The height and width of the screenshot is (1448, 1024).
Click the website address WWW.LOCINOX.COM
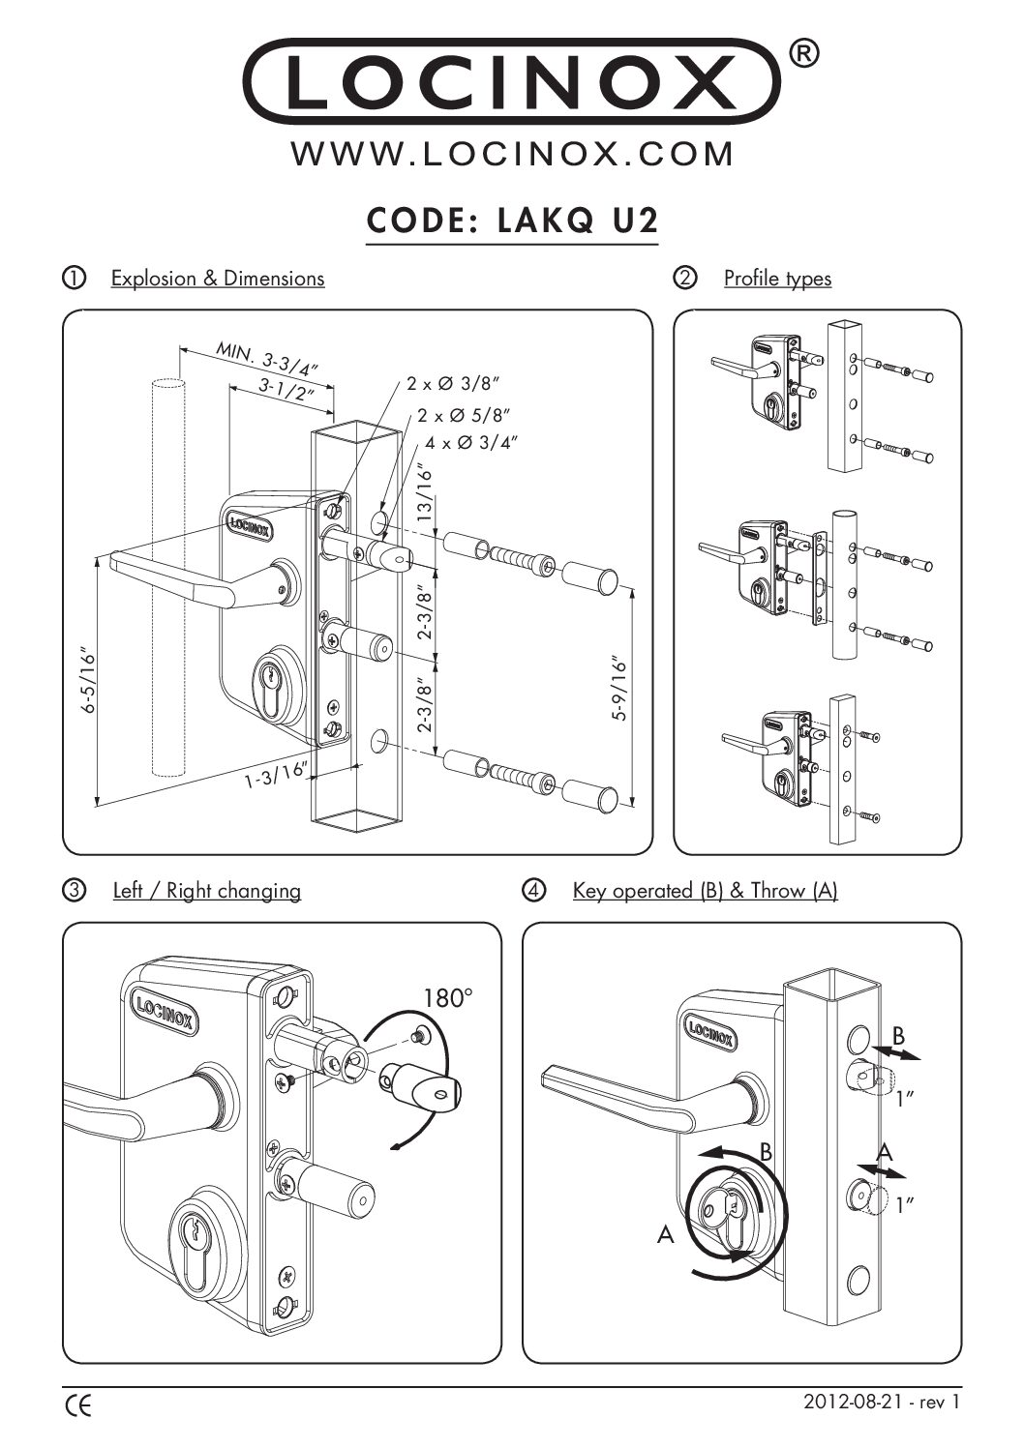(512, 154)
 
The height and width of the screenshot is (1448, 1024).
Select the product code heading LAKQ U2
(512, 221)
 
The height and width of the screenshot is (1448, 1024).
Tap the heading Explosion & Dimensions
(218, 279)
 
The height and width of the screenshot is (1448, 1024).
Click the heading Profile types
(777, 279)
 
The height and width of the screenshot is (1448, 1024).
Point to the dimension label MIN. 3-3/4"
(267, 360)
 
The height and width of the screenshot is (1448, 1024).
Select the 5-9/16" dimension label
(620, 690)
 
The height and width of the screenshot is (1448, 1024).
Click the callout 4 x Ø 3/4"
(471, 443)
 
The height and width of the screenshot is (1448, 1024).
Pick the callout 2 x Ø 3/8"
(453, 384)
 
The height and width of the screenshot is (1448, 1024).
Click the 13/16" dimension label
(423, 493)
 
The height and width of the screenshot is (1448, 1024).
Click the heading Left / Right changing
(206, 890)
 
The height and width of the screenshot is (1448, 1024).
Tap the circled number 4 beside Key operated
(533, 890)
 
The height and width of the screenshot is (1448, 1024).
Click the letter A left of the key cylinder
(665, 1235)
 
